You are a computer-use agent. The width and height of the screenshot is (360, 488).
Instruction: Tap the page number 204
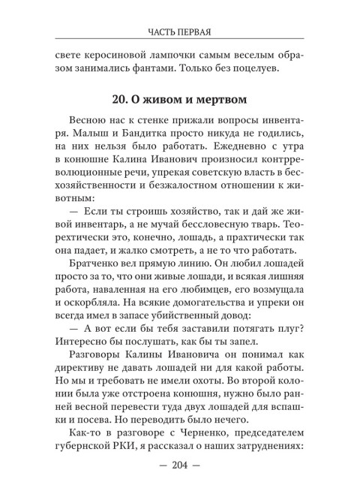click(x=179, y=462)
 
